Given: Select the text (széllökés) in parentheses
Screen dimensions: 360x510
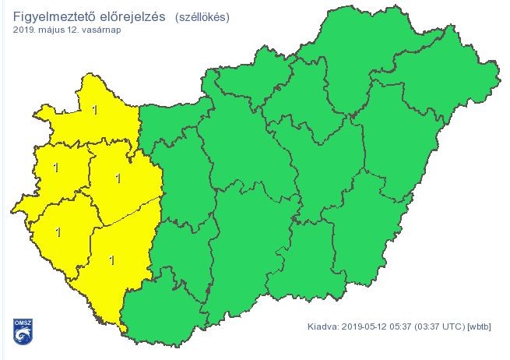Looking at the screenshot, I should point(202,16).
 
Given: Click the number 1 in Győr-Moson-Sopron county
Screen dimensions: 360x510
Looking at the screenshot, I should point(95,111).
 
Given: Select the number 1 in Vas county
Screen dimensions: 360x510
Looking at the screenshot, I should point(55,167).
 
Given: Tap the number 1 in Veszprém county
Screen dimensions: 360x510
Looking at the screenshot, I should point(118,178).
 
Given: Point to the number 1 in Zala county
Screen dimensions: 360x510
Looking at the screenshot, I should point(58,231).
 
